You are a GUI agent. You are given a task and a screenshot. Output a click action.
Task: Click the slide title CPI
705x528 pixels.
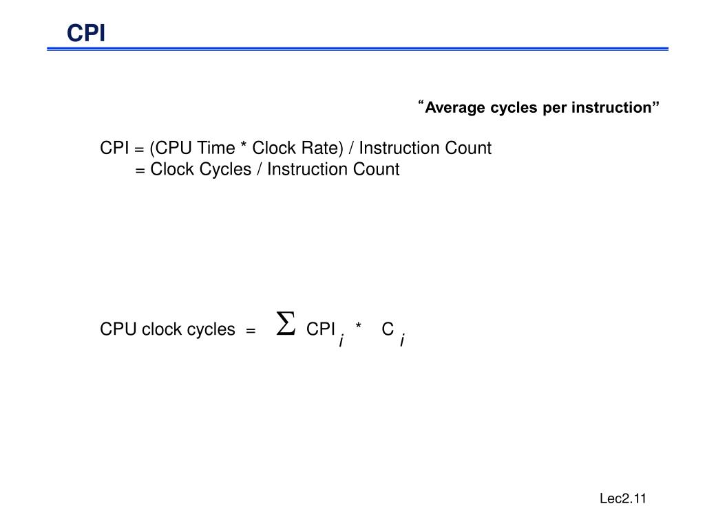pos(86,32)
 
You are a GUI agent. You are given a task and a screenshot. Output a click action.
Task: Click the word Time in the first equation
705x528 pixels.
pos(215,148)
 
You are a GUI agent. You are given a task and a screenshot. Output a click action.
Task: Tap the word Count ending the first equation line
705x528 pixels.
pos(469,148)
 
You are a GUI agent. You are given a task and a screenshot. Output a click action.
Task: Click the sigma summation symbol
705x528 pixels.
pos(285,324)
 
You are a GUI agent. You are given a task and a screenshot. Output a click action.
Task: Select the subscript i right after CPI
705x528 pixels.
pos(341,340)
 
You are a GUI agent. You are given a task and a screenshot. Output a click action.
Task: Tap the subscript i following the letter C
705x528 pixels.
pos(403,340)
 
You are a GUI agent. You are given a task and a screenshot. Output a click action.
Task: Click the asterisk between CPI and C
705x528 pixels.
pos(359,327)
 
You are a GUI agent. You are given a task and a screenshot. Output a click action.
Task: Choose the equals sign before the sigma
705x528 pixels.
pos(251,331)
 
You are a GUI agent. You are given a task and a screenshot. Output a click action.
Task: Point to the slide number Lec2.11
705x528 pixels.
pos(622,499)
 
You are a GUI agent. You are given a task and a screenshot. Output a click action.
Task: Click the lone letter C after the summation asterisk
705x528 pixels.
pos(388,329)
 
